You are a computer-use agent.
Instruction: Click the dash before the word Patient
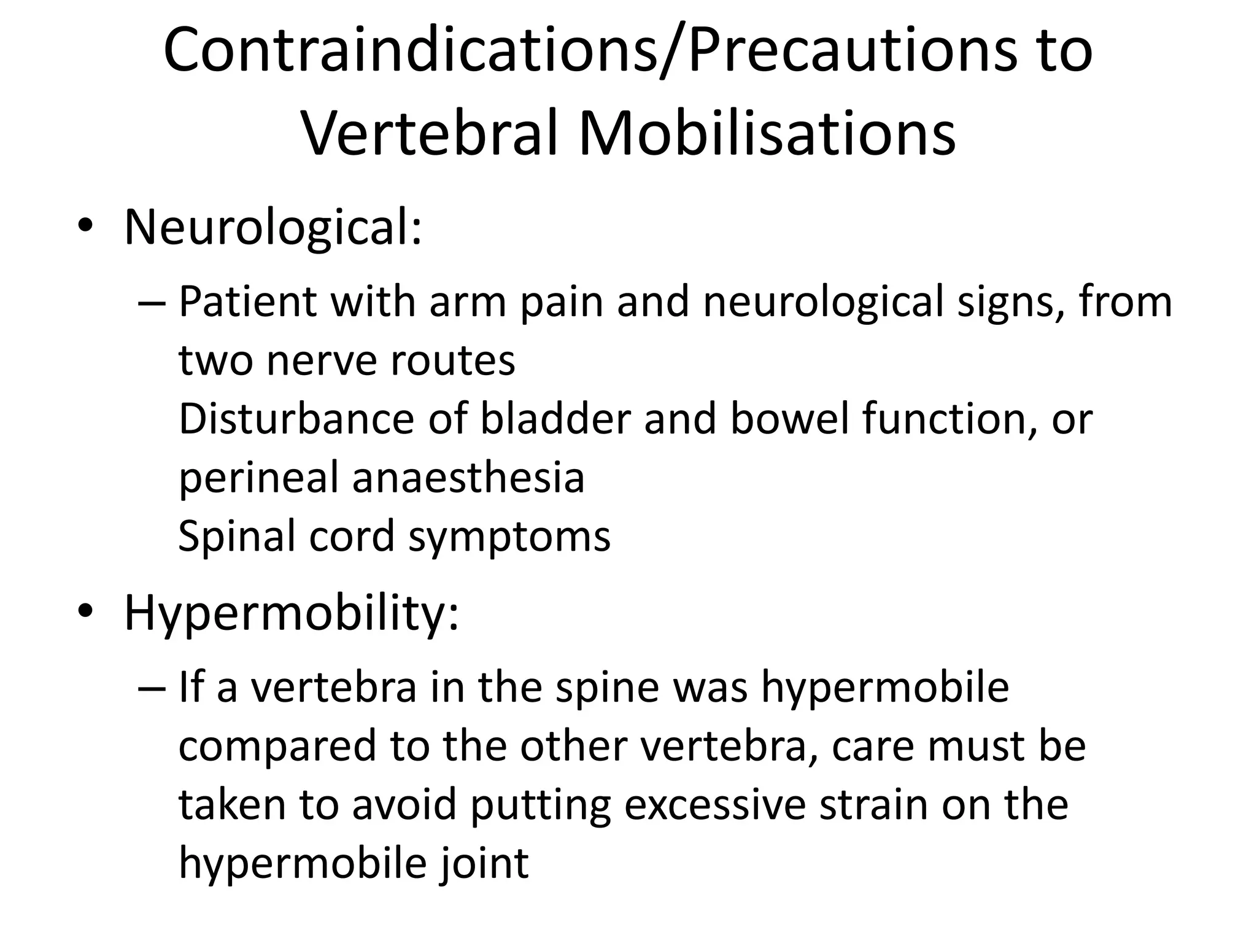point(152,303)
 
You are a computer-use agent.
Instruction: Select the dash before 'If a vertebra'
point(152,688)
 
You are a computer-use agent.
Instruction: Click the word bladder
point(555,419)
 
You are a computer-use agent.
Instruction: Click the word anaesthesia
point(468,478)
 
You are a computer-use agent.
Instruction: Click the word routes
point(453,360)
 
